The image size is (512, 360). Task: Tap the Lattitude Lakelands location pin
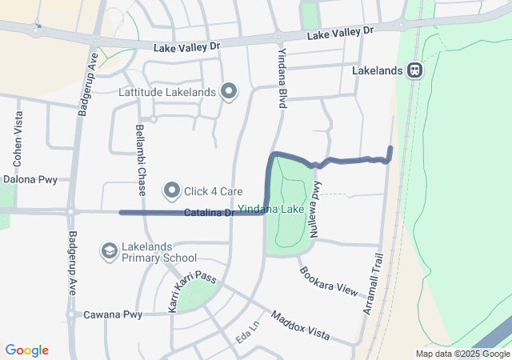point(229,92)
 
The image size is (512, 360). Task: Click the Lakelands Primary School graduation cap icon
point(108,251)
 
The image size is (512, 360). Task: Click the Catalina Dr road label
point(208,213)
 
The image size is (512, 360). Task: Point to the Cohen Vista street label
point(18,134)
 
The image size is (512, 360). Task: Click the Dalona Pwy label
point(30,180)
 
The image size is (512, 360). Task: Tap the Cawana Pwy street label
point(113,314)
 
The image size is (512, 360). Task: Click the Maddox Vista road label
point(300,324)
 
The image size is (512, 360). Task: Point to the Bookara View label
point(329,279)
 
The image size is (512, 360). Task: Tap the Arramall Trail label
point(374,284)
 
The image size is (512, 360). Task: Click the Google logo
point(26,350)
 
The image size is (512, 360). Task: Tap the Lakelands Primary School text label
point(160,252)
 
